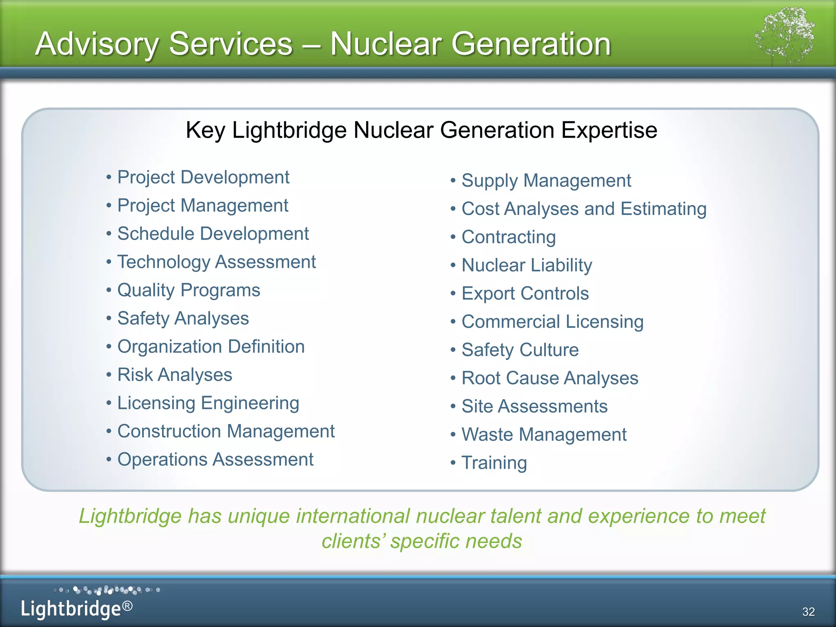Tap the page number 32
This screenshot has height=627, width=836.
pos(808,611)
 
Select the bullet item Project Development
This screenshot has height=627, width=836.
pos(203,178)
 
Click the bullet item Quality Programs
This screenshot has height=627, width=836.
pos(189,290)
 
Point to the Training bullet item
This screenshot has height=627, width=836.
pos(494,463)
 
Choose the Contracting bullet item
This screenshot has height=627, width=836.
pos(509,237)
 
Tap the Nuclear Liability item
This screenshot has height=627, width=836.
pos(527,265)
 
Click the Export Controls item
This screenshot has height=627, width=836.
pos(525,293)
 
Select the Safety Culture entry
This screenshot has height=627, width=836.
pos(520,350)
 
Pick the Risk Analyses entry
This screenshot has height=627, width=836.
pos(175,375)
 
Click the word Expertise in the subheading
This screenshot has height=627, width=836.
pos(609,131)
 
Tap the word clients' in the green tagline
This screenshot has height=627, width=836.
pos(353,541)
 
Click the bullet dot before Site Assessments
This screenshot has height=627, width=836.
pos(453,407)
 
